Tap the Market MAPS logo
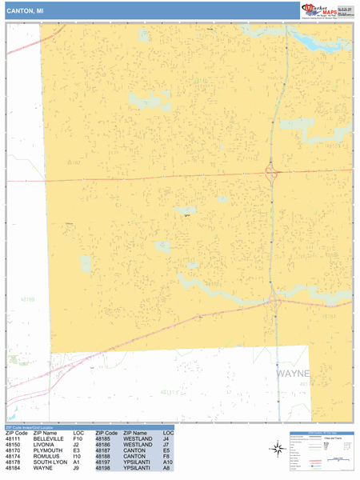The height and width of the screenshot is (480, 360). pos(327,10)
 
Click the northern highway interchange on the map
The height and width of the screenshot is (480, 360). pos(271,171)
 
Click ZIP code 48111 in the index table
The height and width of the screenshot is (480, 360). pos(13,439)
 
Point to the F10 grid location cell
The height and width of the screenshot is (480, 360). pos(78,439)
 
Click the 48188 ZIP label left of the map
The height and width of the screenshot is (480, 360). pos(27,299)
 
